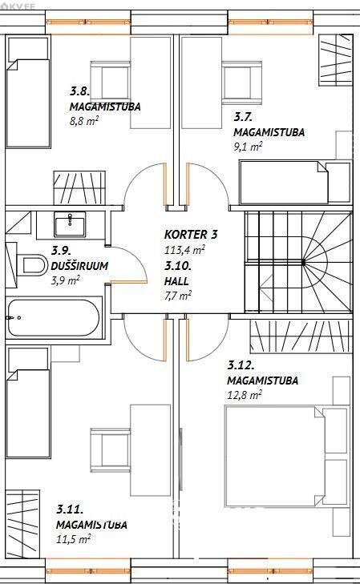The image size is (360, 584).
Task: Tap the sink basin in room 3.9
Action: pos(70,224)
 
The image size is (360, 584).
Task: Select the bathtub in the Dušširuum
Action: pos(54,318)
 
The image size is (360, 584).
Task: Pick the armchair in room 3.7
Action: pos(241,83)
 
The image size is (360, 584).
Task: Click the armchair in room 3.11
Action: pos(111,450)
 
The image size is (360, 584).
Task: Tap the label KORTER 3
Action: pos(191,235)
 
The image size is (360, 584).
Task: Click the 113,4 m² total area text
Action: pos(184,249)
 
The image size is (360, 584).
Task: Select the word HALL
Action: pos(176,281)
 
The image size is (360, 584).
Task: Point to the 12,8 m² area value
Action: pos(245,395)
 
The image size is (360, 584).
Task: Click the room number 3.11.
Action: pos(70,509)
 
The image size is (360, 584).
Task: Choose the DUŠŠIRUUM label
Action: pos(79,266)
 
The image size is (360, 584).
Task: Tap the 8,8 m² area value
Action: pos(84,121)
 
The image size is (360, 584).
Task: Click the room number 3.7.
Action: pos(244,117)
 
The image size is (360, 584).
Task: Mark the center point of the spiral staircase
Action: pos(304,262)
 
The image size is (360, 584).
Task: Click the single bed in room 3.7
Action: pos(295,183)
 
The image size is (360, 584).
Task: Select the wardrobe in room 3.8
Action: pos(79,187)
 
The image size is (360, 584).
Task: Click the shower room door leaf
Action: pos(127,281)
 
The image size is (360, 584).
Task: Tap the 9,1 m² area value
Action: pos(249,147)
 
